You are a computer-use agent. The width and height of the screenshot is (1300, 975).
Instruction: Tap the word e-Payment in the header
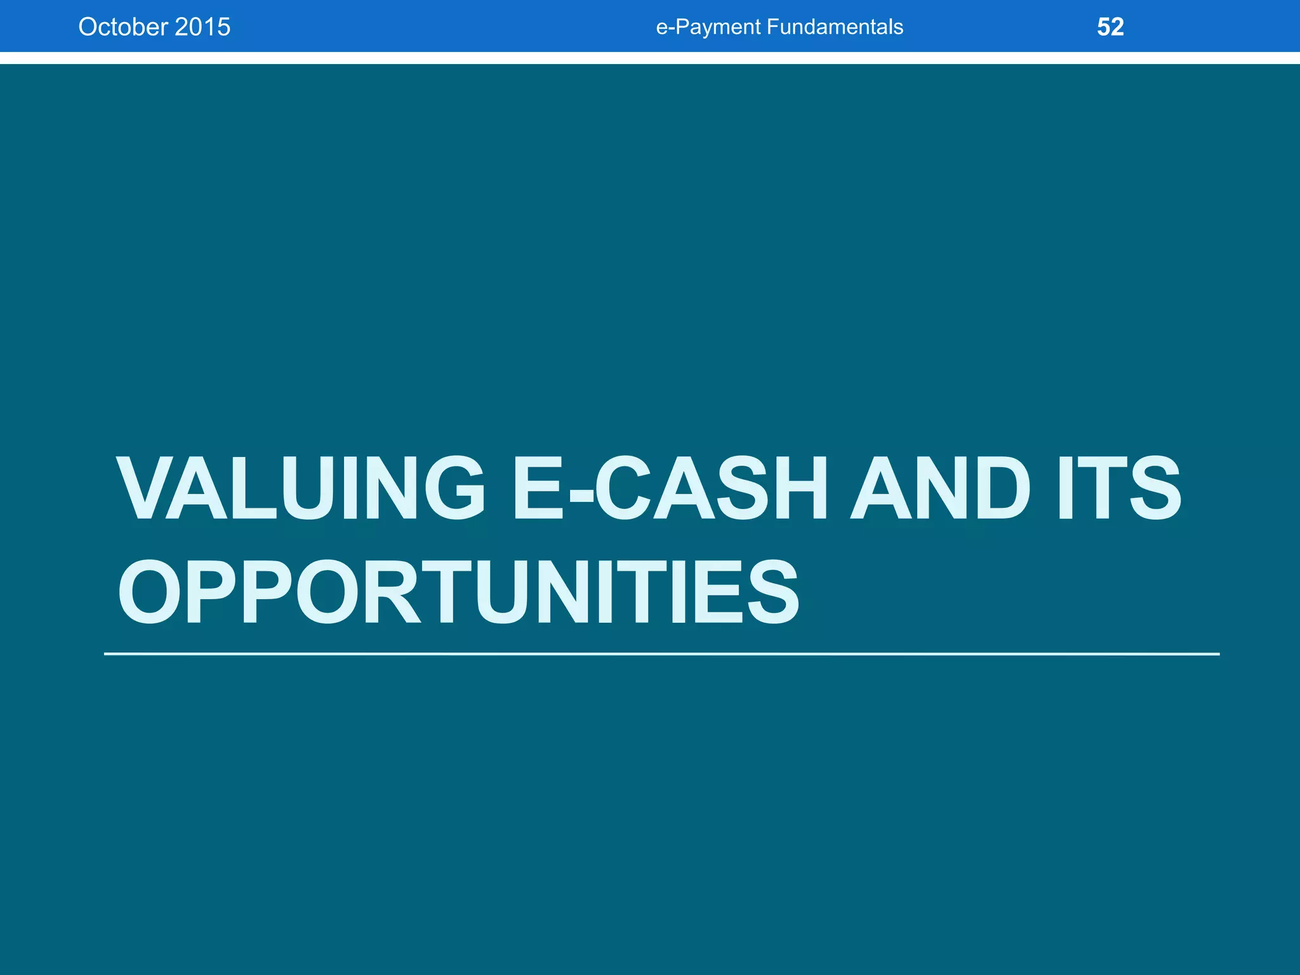pyautogui.click(x=708, y=27)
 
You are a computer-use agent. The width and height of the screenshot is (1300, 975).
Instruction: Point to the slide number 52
pyautogui.click(x=1110, y=27)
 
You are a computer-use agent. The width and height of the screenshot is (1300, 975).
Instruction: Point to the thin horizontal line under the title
pyautogui.click(x=661, y=653)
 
